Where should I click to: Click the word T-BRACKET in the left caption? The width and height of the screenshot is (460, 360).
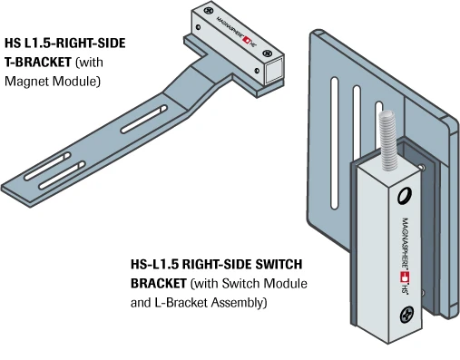38,63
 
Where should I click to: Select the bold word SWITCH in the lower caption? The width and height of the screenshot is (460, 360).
279,265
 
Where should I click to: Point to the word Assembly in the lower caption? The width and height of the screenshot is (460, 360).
239,303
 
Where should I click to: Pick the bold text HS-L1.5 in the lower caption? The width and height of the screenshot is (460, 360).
154,265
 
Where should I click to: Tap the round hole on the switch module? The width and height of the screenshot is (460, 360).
404,196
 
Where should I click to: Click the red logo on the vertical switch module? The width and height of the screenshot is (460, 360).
405,277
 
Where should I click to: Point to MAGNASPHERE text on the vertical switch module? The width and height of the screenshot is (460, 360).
405,242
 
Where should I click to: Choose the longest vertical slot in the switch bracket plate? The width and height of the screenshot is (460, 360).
334,143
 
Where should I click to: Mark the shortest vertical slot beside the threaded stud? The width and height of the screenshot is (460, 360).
378,110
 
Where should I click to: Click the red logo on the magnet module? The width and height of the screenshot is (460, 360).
248,40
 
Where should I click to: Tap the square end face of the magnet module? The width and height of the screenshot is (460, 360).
274,71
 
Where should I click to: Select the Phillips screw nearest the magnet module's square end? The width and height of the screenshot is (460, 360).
267,53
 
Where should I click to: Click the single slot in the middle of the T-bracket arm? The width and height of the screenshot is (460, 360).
143,119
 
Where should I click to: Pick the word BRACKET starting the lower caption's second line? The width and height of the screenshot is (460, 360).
158,284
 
